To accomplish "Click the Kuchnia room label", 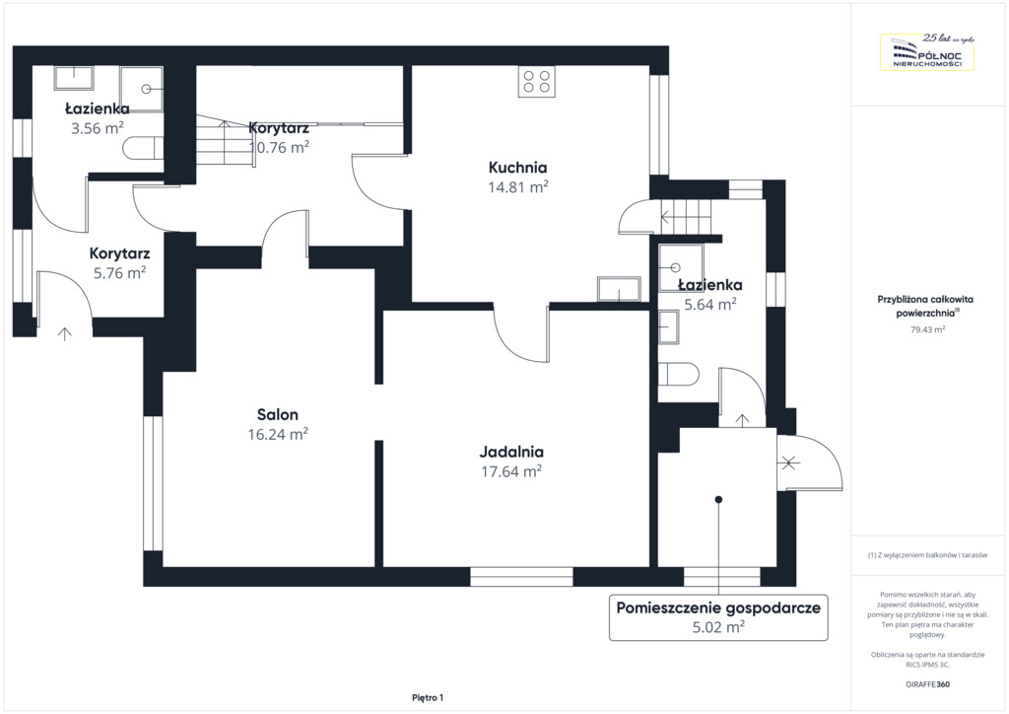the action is click(517, 168).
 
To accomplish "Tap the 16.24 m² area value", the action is click(278, 434).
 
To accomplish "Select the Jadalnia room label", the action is click(511, 452).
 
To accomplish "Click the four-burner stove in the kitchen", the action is click(537, 82).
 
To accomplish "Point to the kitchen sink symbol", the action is click(619, 289).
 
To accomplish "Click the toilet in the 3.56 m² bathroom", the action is click(142, 148).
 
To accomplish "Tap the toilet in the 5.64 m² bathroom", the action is click(678, 374).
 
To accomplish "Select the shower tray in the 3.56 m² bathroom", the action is click(141, 89).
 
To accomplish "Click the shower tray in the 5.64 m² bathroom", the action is click(681, 268).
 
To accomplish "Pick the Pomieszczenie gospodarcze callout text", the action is click(718, 607).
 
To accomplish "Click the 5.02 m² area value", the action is click(718, 626).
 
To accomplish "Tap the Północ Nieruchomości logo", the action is click(927, 51).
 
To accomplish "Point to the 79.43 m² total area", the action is click(927, 329).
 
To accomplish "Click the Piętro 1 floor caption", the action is click(428, 698).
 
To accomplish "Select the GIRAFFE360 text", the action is click(927, 684).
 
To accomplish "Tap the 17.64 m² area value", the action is click(511, 471).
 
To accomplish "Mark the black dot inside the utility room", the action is click(718, 500).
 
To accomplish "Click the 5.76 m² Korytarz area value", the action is click(119, 273).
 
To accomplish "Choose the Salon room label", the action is click(278, 414).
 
